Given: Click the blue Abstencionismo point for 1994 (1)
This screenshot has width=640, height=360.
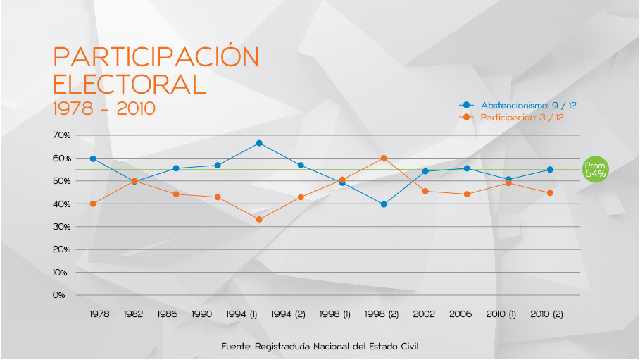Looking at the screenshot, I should click(x=259, y=143).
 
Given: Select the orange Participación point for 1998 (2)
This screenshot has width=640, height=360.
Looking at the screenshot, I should click(x=384, y=158).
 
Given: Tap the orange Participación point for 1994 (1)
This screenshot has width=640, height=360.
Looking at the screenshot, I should click(x=259, y=220).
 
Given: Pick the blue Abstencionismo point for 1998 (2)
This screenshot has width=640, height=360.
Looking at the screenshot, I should click(x=384, y=204).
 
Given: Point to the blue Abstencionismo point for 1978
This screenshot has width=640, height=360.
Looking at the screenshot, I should click(x=93, y=159).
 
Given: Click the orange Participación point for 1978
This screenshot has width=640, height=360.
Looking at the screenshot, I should click(x=93, y=204).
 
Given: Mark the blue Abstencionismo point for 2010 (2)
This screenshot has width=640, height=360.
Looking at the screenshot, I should click(x=550, y=170).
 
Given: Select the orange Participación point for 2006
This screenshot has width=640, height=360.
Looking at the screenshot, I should click(x=467, y=194).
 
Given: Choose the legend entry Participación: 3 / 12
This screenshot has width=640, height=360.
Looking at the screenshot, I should click(x=521, y=118).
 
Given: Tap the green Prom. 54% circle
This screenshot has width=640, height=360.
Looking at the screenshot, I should click(x=595, y=170).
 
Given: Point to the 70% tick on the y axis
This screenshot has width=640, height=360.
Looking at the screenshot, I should click(x=61, y=135).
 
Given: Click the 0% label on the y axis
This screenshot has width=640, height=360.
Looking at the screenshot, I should click(x=58, y=295).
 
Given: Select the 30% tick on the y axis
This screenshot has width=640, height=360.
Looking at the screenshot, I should click(x=61, y=227).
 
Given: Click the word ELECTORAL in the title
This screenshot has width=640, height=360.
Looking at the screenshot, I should click(x=130, y=83).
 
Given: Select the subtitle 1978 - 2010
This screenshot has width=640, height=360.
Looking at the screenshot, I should click(x=103, y=109).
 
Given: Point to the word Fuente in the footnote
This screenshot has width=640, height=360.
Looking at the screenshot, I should click(x=236, y=347).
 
